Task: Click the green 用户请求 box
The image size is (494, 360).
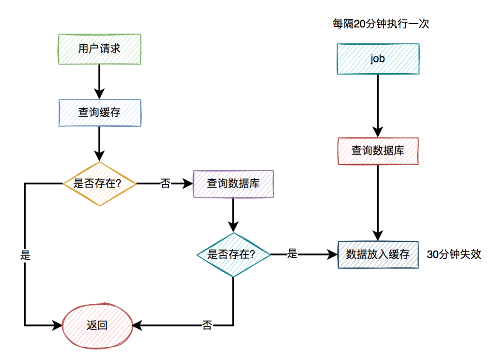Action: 99,48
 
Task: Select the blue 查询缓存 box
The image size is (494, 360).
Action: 99,112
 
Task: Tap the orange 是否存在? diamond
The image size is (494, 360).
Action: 99,184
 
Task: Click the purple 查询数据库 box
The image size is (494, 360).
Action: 233,184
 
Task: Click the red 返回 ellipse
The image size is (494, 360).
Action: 97,326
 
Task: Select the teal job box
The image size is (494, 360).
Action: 377,59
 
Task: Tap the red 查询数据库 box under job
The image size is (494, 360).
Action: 377,150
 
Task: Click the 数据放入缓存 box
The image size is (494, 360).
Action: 377,254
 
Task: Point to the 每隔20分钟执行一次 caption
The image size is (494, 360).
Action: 381,24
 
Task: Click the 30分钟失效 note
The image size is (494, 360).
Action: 454,254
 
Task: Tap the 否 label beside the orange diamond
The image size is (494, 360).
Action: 165,184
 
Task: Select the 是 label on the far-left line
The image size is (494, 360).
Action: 25,255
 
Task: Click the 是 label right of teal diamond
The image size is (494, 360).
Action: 292,254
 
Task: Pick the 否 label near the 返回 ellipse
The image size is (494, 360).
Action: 207,326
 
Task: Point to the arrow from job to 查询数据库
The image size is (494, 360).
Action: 377,105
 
